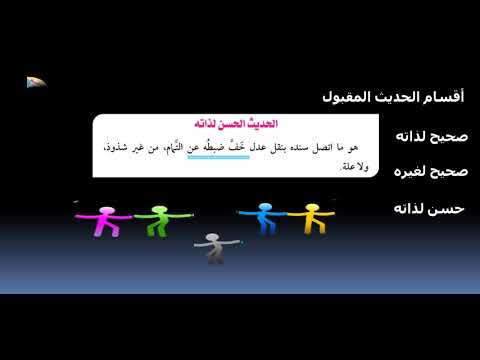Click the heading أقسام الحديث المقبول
click(395, 97)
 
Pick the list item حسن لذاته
click(431, 208)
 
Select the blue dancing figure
click(264, 218)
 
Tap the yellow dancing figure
click(310, 218)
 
